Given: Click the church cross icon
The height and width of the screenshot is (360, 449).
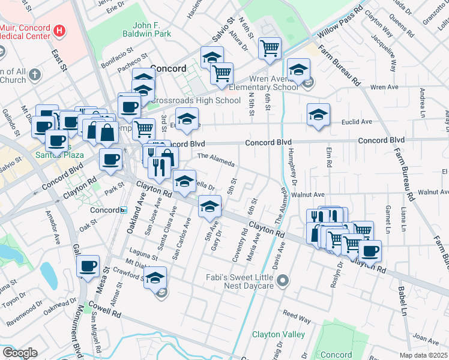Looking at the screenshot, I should click(x=35, y=76).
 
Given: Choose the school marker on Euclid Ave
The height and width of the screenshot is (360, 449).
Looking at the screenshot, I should click(x=318, y=115).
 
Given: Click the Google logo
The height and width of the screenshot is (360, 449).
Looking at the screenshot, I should click(x=19, y=353).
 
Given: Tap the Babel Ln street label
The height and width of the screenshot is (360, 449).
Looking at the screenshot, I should click(x=402, y=300).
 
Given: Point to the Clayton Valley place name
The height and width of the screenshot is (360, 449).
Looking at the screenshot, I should click(x=275, y=334).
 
